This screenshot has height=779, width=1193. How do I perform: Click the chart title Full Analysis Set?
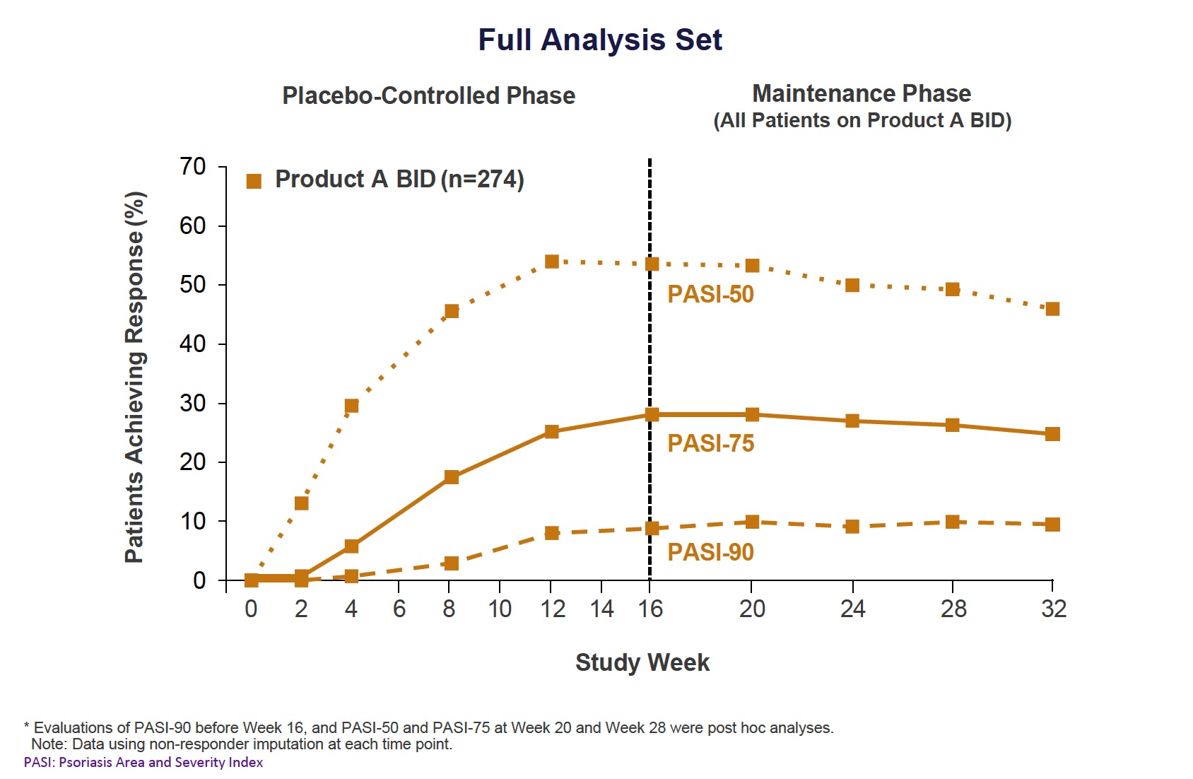tap(600, 40)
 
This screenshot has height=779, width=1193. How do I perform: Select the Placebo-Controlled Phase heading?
tap(428, 95)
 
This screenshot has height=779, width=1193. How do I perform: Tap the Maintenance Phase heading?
tap(861, 93)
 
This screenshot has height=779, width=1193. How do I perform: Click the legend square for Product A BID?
tap(254, 181)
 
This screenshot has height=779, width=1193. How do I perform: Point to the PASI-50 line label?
tap(710, 294)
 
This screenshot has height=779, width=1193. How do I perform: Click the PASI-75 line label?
tap(710, 443)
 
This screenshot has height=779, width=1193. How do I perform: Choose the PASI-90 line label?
tap(710, 552)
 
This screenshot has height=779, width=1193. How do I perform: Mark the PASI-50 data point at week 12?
tap(552, 262)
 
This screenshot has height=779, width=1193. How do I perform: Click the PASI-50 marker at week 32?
tap(1052, 309)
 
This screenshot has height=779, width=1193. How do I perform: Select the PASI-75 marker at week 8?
tap(452, 477)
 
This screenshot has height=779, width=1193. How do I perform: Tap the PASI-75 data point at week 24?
tap(852, 421)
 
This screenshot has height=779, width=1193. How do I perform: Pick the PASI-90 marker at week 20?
tap(752, 522)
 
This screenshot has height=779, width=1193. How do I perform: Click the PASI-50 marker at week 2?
tap(302, 503)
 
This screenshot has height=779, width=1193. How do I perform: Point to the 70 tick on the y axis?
tap(193, 167)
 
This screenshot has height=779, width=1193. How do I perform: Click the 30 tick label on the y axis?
tap(193, 403)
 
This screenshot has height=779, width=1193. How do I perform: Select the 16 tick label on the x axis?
tap(650, 609)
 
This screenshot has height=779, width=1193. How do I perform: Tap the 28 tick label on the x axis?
tap(953, 609)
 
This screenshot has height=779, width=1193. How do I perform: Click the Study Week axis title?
tap(642, 662)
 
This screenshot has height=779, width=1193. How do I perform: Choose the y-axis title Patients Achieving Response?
tap(135, 377)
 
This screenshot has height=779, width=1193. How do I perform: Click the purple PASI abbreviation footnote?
tap(143, 763)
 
